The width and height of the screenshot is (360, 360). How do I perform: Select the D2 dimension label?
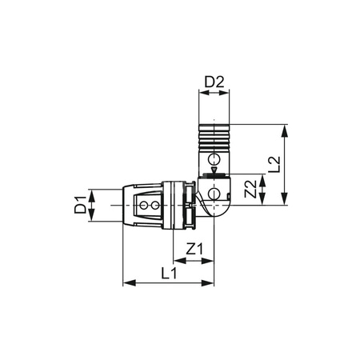[213, 82]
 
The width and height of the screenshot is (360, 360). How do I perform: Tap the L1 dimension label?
[169, 273]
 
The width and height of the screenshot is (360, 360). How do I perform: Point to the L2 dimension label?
[274, 164]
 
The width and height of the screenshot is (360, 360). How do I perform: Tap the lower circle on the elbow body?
[213, 195]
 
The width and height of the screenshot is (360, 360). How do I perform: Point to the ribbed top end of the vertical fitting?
[213, 137]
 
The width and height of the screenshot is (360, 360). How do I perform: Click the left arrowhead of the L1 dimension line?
[126, 282]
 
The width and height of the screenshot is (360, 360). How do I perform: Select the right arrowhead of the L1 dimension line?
[212, 282]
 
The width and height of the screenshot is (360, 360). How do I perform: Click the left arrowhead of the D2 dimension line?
[200, 94]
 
